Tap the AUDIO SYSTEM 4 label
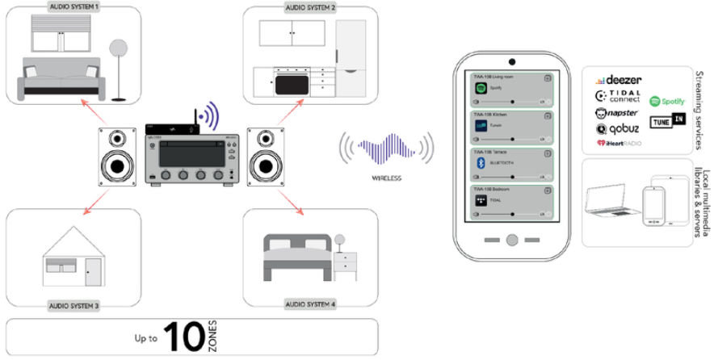pos(310,305)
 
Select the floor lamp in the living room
pos(119,69)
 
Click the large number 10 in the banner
pos(185,335)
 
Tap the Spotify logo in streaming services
pos(666,102)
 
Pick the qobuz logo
pos(618,128)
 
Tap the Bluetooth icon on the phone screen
pos(479,162)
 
